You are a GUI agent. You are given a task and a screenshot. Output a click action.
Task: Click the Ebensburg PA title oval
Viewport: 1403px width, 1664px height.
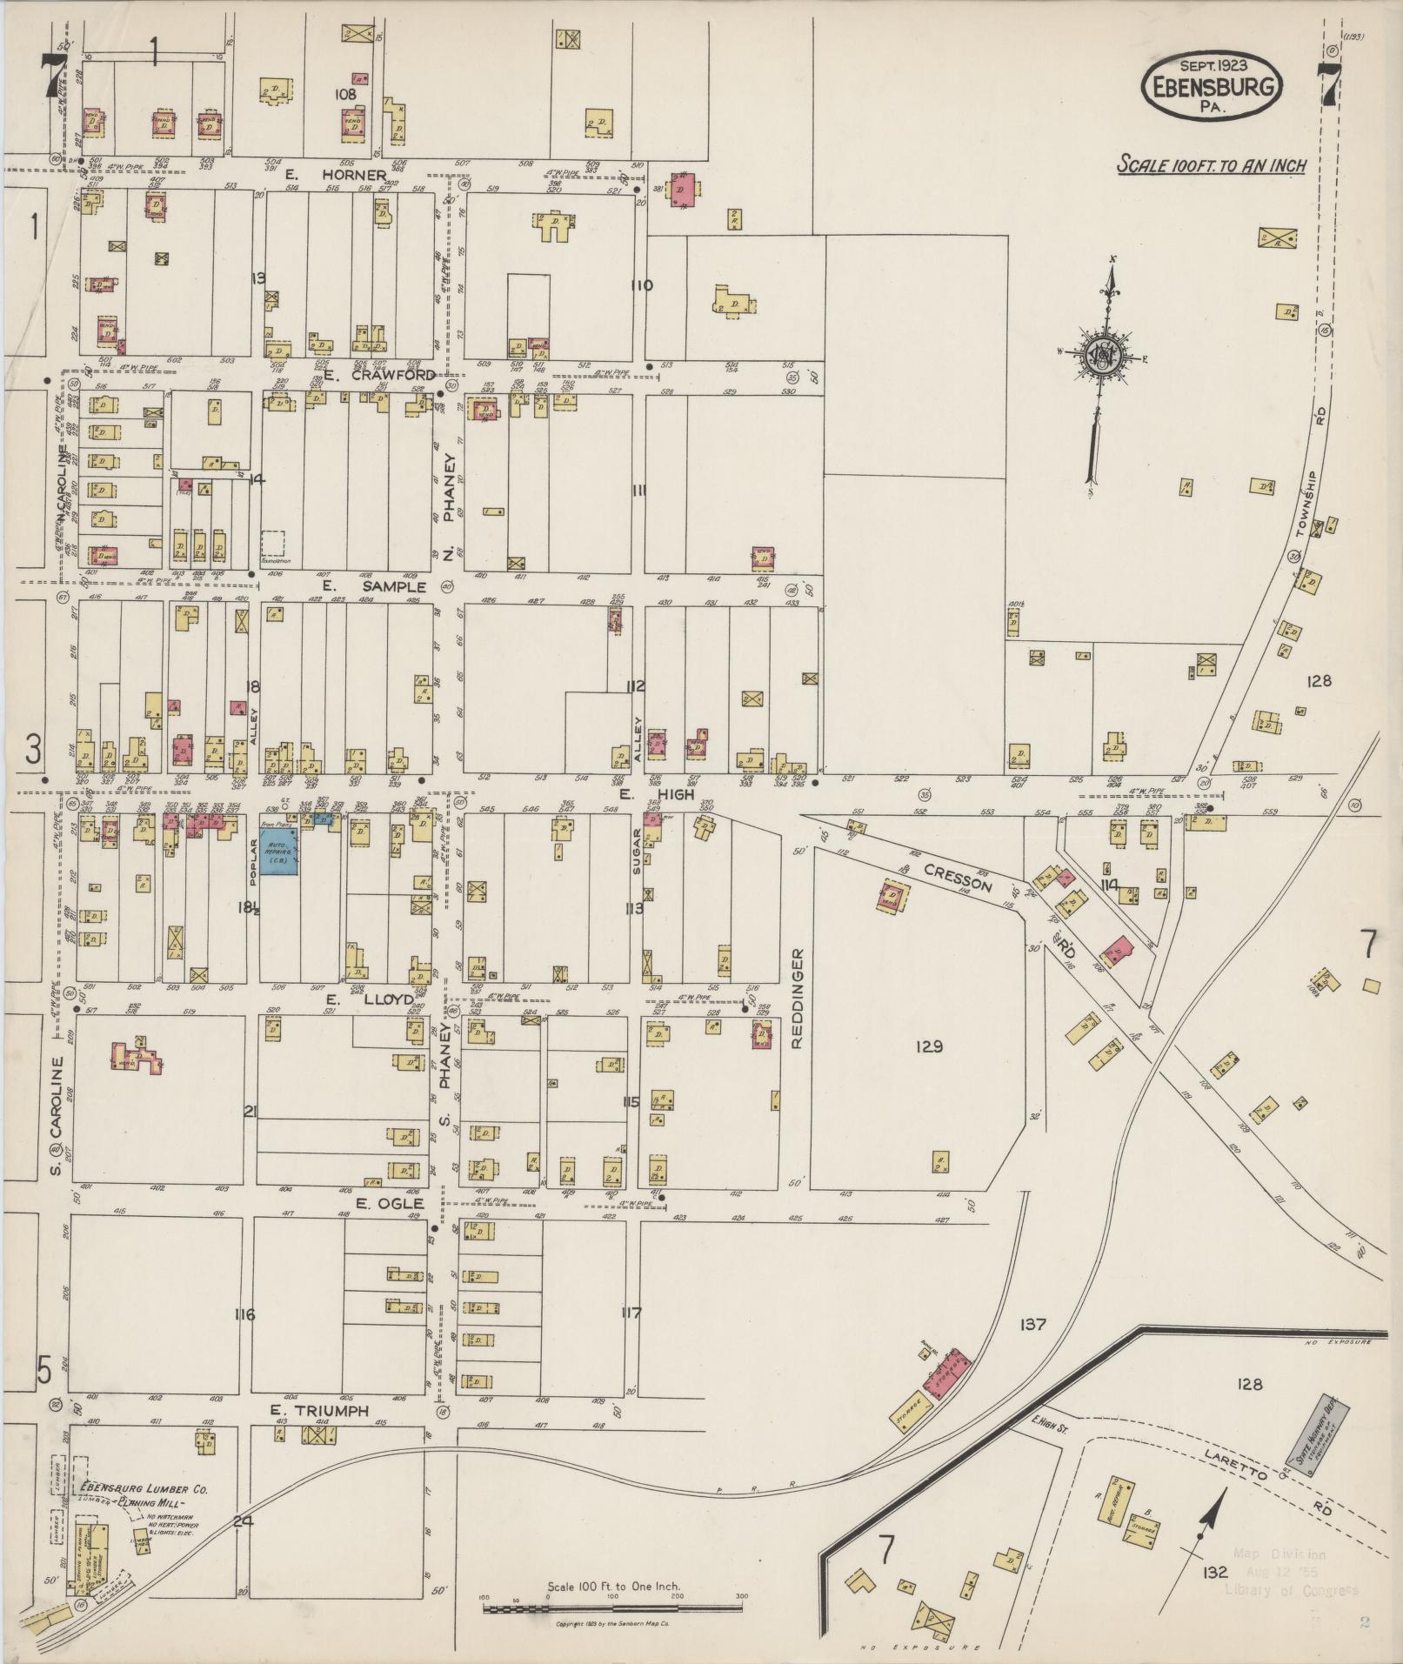(1213, 88)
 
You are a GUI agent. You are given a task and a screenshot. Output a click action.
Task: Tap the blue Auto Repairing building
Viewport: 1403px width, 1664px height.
(280, 851)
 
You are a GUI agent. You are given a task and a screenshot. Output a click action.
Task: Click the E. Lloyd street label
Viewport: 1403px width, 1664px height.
(382, 999)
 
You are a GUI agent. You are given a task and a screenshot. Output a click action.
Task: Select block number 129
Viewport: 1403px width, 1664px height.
(928, 1046)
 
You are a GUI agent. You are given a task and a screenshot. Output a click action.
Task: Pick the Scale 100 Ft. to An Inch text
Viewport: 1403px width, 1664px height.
(1212, 164)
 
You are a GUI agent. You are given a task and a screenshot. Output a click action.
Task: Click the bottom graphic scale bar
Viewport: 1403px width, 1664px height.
(613, 1608)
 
